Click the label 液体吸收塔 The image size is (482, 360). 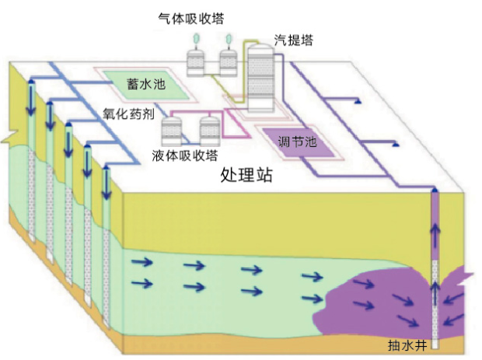click(184, 154)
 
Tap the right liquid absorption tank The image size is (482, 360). click(209, 129)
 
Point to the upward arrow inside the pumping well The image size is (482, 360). click(435, 233)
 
